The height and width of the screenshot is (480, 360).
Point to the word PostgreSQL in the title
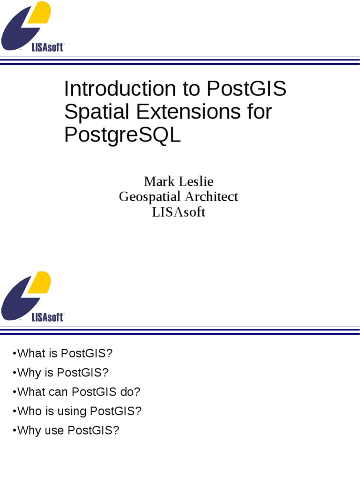(x=122, y=135)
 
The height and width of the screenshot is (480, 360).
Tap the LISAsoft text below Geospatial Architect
(x=179, y=212)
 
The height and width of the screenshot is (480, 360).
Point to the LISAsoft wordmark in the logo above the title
(x=47, y=47)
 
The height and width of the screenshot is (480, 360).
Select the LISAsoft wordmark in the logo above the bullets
(x=47, y=317)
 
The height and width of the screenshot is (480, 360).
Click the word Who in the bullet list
(x=28, y=411)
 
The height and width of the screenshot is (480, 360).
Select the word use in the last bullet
(x=55, y=430)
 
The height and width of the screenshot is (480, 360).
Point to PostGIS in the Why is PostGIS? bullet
(x=82, y=373)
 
